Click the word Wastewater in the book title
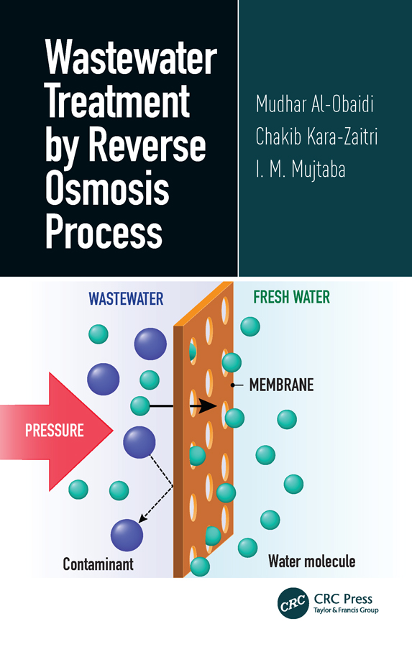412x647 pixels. pyautogui.click(x=131, y=60)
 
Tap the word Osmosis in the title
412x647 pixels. pyautogui.click(x=108, y=190)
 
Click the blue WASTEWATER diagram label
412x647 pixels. pyautogui.click(x=126, y=298)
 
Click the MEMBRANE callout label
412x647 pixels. pyautogui.click(x=281, y=385)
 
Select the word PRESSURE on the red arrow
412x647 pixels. pyautogui.click(x=55, y=431)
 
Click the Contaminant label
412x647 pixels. pyautogui.click(x=98, y=564)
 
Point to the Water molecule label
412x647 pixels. pyautogui.click(x=311, y=561)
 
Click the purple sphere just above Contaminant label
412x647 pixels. pyautogui.click(x=127, y=536)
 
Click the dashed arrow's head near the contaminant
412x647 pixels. pyautogui.click(x=143, y=517)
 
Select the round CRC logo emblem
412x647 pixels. pyautogui.click(x=293, y=602)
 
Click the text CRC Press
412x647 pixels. pyautogui.click(x=344, y=598)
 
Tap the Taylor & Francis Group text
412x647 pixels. pyautogui.click(x=346, y=610)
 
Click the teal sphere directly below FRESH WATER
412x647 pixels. pyautogui.click(x=250, y=326)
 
